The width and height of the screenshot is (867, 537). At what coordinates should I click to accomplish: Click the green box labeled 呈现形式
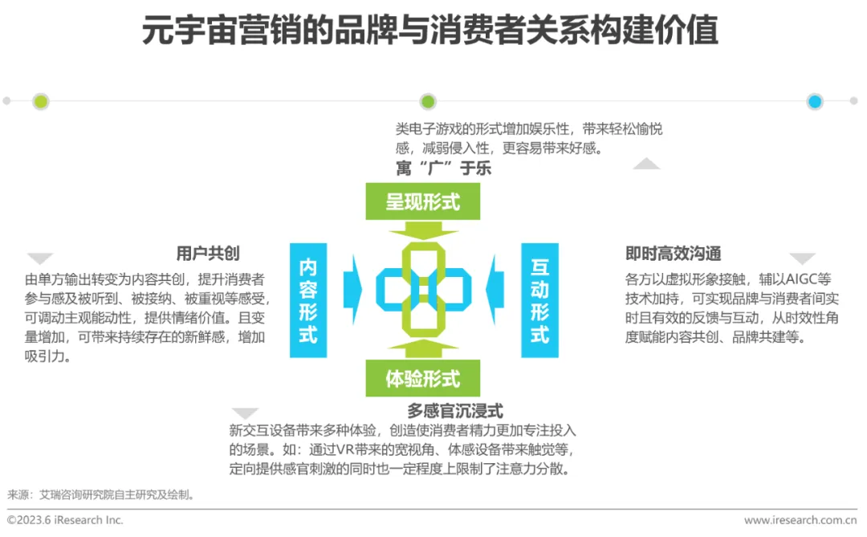tap(423, 201)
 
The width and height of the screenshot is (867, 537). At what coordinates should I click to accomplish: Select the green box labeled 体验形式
tap(423, 377)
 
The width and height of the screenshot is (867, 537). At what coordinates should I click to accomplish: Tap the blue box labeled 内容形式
tap(308, 300)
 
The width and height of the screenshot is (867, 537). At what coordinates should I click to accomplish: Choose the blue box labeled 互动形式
tap(539, 300)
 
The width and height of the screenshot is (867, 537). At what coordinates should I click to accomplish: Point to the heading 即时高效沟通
tap(673, 254)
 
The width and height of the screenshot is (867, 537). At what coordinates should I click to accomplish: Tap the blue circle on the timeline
tap(815, 102)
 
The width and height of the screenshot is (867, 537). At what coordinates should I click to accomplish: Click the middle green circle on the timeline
tap(428, 102)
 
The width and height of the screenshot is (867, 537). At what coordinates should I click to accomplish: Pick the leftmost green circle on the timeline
tap(41, 102)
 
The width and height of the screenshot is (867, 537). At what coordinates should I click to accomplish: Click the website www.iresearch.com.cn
tap(799, 520)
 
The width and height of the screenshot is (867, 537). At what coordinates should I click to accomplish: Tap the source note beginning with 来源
tap(100, 495)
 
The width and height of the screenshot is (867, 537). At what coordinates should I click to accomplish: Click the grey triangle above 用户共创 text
tap(40, 258)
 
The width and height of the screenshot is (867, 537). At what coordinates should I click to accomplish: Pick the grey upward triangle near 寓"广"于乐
tap(646, 164)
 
